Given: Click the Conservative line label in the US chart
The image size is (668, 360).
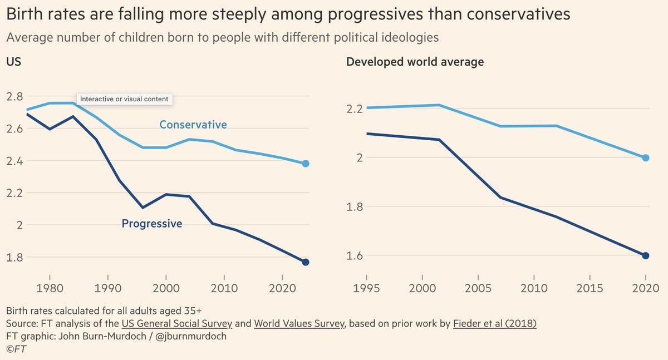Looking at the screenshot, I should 193,125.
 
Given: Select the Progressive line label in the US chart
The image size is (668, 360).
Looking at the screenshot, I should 152,224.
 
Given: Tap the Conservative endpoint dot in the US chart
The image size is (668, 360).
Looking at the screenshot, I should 306,164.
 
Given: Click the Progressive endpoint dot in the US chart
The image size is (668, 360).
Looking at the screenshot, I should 306,262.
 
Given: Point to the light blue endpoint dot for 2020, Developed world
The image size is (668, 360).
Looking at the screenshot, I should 646,158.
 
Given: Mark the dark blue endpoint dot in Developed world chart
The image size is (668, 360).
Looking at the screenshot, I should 646,256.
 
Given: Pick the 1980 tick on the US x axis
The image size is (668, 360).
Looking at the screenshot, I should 50,289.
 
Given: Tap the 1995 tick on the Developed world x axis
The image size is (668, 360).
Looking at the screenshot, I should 366,289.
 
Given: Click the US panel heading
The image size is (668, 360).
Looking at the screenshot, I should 13,62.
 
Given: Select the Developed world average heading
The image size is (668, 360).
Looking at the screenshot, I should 415,62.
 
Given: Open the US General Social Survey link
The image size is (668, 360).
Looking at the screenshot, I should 186,323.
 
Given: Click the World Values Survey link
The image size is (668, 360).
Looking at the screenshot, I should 299,323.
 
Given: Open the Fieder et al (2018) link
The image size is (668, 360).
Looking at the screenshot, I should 495,323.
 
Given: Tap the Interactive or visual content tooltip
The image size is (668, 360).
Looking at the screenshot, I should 124,99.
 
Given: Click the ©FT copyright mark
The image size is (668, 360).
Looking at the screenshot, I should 16,349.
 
